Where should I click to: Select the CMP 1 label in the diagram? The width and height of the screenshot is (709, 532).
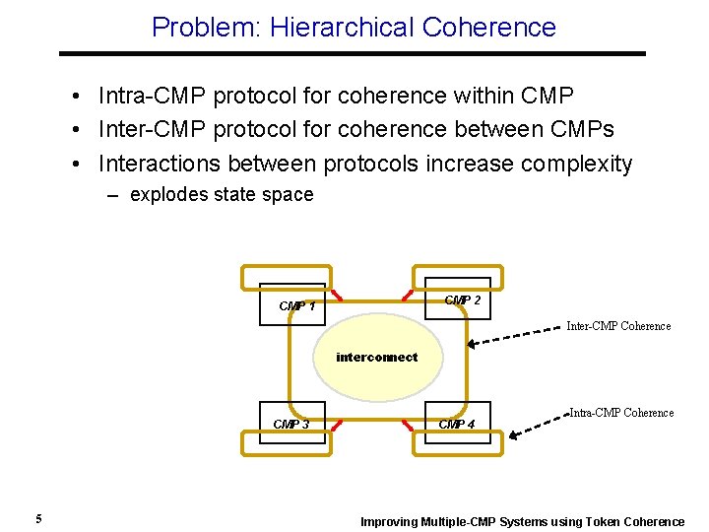pos(296,306)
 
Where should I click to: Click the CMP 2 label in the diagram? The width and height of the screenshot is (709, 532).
pos(462,300)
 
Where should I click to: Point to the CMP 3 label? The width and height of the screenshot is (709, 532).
pos(290,425)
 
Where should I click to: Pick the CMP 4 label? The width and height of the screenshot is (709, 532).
pos(456,425)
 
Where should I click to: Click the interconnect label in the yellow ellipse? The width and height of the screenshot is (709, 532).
pos(376,358)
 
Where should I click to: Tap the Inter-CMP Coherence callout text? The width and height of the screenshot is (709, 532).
pos(618,326)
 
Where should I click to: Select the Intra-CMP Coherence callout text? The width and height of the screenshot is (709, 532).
pos(621,413)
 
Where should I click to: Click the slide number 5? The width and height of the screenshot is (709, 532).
pos(37,519)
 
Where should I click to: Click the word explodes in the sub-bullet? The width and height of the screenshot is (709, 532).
pos(165,195)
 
